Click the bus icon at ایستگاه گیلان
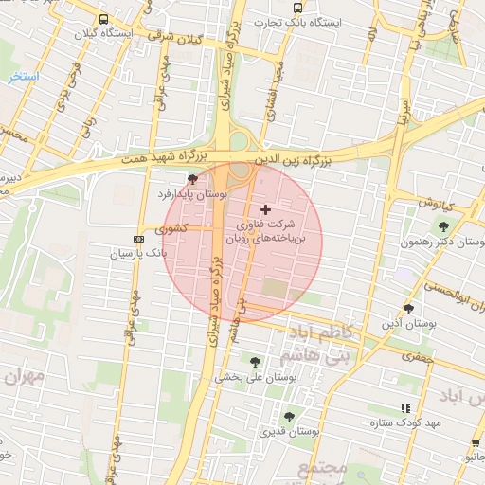103,19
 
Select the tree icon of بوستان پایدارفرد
193,179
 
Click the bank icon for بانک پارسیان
140,239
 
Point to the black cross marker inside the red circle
265,208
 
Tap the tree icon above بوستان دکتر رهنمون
443,225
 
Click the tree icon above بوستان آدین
409,309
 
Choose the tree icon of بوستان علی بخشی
255,361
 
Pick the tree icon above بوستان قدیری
289,416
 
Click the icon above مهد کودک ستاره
406,407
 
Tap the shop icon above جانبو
474,442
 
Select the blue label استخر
19,75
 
